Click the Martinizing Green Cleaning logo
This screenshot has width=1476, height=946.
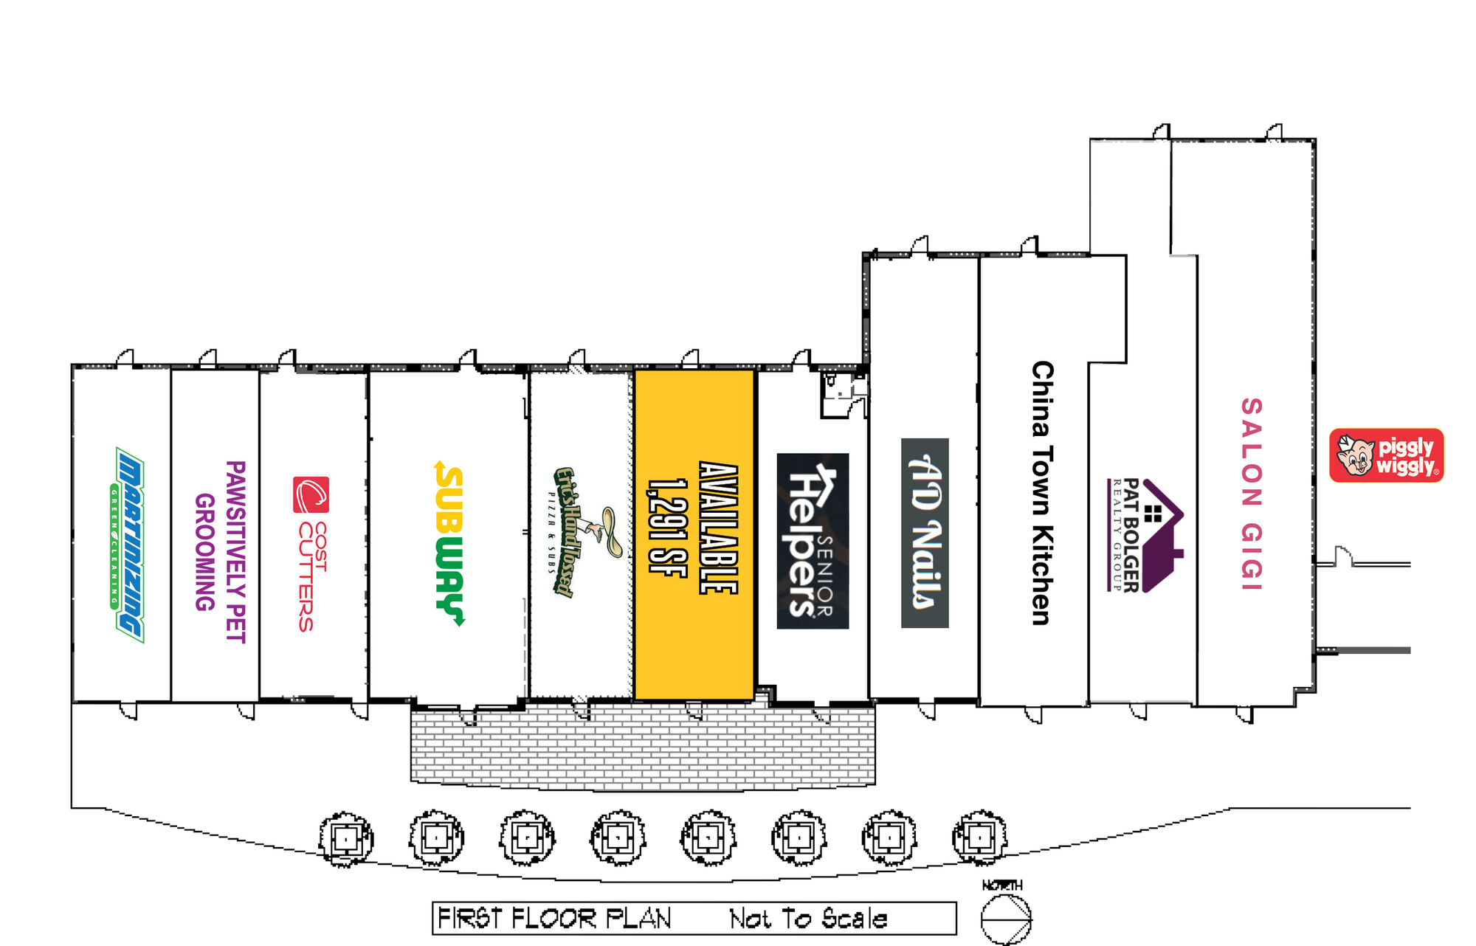130,545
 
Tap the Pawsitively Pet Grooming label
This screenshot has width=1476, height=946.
220,551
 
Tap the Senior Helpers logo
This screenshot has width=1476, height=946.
813,541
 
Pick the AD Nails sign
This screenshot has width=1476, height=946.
925,533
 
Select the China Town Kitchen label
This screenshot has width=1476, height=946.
1041,493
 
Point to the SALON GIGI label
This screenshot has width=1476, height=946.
1251,494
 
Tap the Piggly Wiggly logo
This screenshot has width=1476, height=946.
1386,455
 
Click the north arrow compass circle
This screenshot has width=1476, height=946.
1006,919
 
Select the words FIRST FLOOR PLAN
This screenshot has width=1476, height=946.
554,919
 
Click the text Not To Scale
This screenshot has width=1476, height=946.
808,919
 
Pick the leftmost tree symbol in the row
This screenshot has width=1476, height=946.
345,838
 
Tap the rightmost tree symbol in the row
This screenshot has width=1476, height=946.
979,837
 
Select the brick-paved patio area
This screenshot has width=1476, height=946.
642,749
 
